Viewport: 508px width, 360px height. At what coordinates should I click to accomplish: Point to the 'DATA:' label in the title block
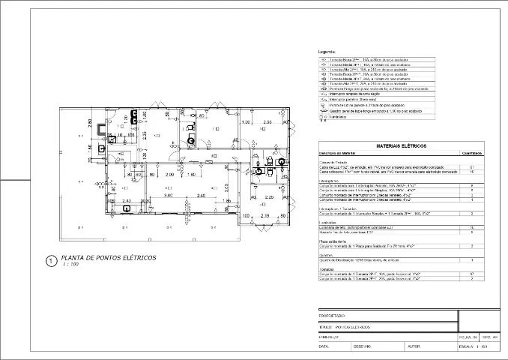(x=324, y=346)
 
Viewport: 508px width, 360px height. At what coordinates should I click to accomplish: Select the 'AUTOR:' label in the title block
(x=413, y=346)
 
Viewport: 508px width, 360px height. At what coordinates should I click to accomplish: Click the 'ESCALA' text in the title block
(x=466, y=346)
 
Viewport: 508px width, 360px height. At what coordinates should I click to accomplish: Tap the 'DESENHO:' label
(x=363, y=346)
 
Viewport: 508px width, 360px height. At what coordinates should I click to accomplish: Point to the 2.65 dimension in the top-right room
(x=267, y=121)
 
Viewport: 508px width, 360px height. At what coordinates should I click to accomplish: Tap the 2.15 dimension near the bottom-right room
(x=264, y=216)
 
